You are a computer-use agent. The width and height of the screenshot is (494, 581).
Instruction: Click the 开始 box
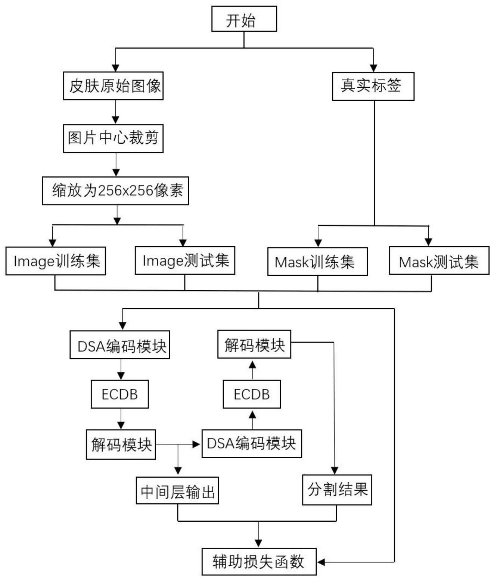pos(244,19)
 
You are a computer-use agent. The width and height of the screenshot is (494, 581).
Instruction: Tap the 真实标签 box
pos(373,86)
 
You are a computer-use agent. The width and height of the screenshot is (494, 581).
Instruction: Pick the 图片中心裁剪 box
pos(113,138)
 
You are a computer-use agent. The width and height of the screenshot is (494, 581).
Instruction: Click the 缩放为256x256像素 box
pos(115,191)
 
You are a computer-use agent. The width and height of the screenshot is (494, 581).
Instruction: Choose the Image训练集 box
pos(56,261)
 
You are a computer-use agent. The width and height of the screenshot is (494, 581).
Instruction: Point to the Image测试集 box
pos(185,260)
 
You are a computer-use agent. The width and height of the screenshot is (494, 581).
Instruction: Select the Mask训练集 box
pos(317,262)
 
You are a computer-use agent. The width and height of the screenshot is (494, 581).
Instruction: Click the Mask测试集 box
pos(439,261)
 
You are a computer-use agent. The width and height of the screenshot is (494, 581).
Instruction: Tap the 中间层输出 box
pos(177,490)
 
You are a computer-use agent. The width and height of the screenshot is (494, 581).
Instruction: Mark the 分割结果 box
pos(337,489)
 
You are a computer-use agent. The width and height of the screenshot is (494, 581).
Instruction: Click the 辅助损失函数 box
pos(259,561)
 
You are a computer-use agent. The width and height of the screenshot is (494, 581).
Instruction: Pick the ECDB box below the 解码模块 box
pos(252,394)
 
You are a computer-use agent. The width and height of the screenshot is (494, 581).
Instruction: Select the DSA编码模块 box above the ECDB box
pos(120,345)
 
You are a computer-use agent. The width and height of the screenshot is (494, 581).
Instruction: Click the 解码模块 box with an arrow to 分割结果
pos(254,344)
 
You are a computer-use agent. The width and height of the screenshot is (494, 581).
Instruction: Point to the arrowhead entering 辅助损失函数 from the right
pos(321,562)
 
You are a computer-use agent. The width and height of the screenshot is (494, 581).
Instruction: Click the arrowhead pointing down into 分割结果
pos(335,471)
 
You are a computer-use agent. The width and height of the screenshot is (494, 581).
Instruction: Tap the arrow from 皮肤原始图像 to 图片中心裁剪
pos(116,112)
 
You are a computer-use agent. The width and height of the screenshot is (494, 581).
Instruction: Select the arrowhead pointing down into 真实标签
pos(373,68)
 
